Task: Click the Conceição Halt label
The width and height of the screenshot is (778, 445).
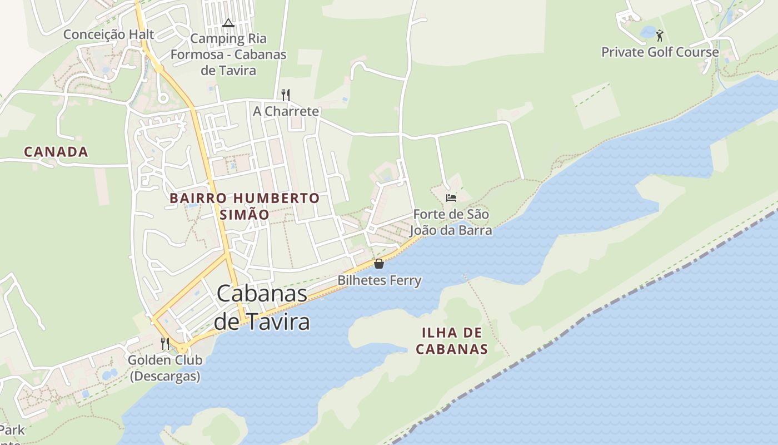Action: click(x=108, y=34)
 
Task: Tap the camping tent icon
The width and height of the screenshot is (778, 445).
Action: click(x=228, y=23)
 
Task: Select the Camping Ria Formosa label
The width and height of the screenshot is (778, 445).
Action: click(x=228, y=55)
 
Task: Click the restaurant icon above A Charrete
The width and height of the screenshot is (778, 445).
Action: click(x=286, y=95)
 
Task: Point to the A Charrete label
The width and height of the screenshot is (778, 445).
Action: click(x=286, y=111)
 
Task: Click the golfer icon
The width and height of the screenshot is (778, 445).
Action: click(x=660, y=36)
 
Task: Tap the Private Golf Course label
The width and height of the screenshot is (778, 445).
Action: click(x=660, y=52)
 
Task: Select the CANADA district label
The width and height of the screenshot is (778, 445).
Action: click(x=56, y=151)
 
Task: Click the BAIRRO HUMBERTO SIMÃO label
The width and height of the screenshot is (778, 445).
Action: click(x=245, y=206)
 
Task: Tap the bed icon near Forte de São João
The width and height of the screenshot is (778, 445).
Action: click(x=451, y=198)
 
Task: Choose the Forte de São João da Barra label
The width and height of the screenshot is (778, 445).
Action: click(x=451, y=222)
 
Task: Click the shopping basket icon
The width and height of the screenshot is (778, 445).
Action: click(x=379, y=264)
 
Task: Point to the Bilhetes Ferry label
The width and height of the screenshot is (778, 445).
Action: click(x=380, y=280)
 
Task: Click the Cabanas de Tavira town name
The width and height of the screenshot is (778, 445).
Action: click(x=262, y=308)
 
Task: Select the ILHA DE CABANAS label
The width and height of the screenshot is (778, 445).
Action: click(x=452, y=341)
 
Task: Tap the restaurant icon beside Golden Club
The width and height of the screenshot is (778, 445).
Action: click(x=164, y=344)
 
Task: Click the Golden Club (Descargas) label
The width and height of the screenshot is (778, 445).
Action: click(x=165, y=368)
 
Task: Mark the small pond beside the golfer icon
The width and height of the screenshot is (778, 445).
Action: click(x=648, y=32)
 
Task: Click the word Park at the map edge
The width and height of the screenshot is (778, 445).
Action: click(x=12, y=430)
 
